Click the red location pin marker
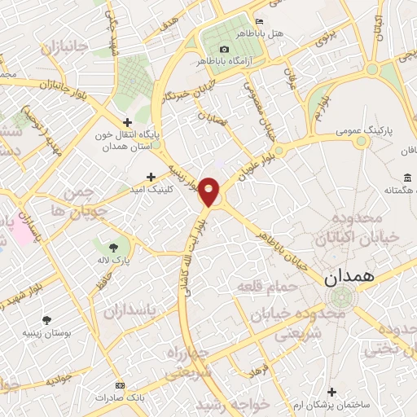(x=209, y=191)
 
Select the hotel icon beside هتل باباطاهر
(x=260, y=21)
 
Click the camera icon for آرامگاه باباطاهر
(x=224, y=49)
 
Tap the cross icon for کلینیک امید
(x=151, y=176)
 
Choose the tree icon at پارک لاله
(x=113, y=247)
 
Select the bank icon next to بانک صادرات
(x=121, y=385)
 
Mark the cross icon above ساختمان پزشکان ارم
(x=331, y=393)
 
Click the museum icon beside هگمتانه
(x=406, y=178)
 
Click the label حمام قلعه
(x=265, y=287)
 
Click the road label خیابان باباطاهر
(x=286, y=239)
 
